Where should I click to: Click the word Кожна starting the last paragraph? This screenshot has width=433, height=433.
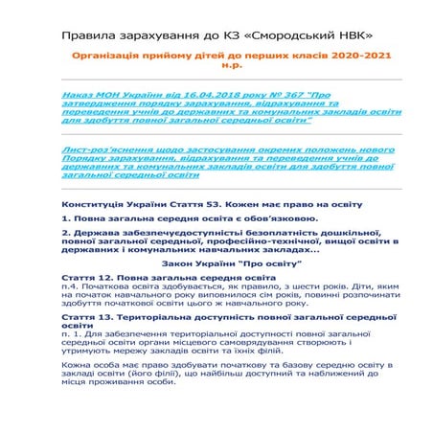[77, 365]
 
